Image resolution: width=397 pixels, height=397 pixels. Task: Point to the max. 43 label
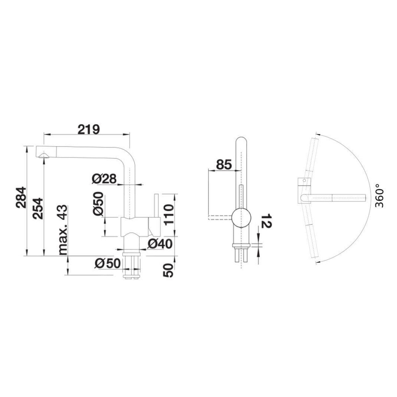pyautogui.click(x=63, y=229)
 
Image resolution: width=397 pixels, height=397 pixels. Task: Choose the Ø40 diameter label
pyautogui.click(x=159, y=244)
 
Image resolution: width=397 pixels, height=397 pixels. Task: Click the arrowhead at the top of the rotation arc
pyautogui.click(x=318, y=134)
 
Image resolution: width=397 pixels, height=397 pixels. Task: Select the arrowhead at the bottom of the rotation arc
pyautogui.click(x=318, y=262)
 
